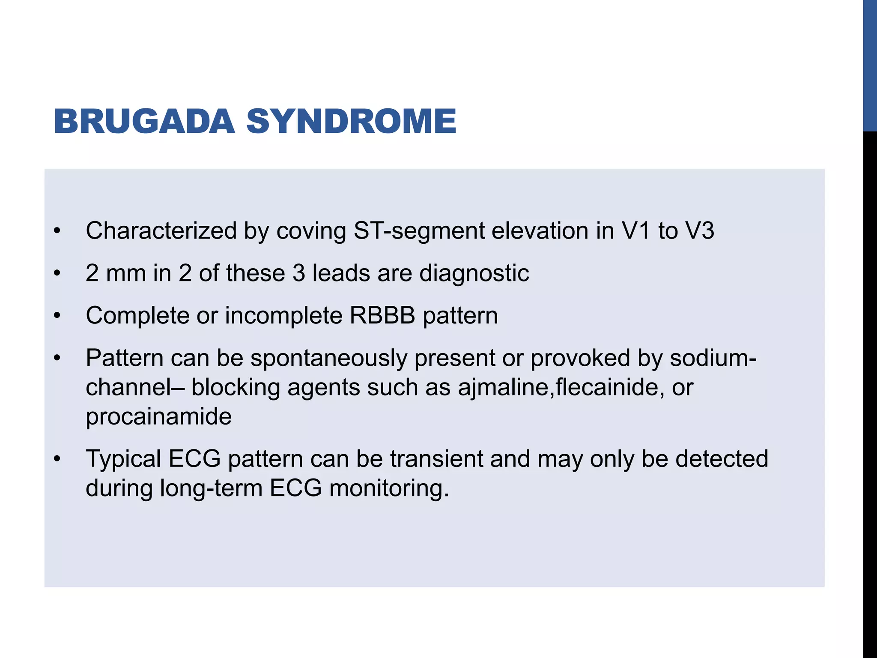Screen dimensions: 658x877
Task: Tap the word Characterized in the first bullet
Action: point(161,230)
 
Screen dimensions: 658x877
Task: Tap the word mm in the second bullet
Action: point(126,273)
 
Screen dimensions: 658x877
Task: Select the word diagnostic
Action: point(474,273)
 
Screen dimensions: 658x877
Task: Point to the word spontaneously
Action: point(328,358)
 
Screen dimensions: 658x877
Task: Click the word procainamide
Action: point(158,416)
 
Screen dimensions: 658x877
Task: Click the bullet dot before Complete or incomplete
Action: point(57,316)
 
